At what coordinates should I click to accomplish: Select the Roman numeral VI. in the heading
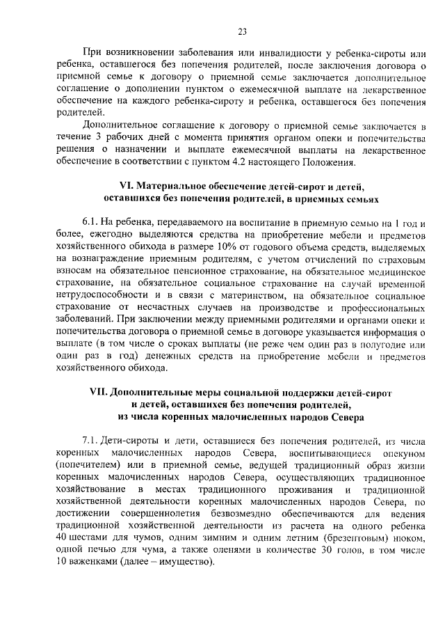tap(127, 187)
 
